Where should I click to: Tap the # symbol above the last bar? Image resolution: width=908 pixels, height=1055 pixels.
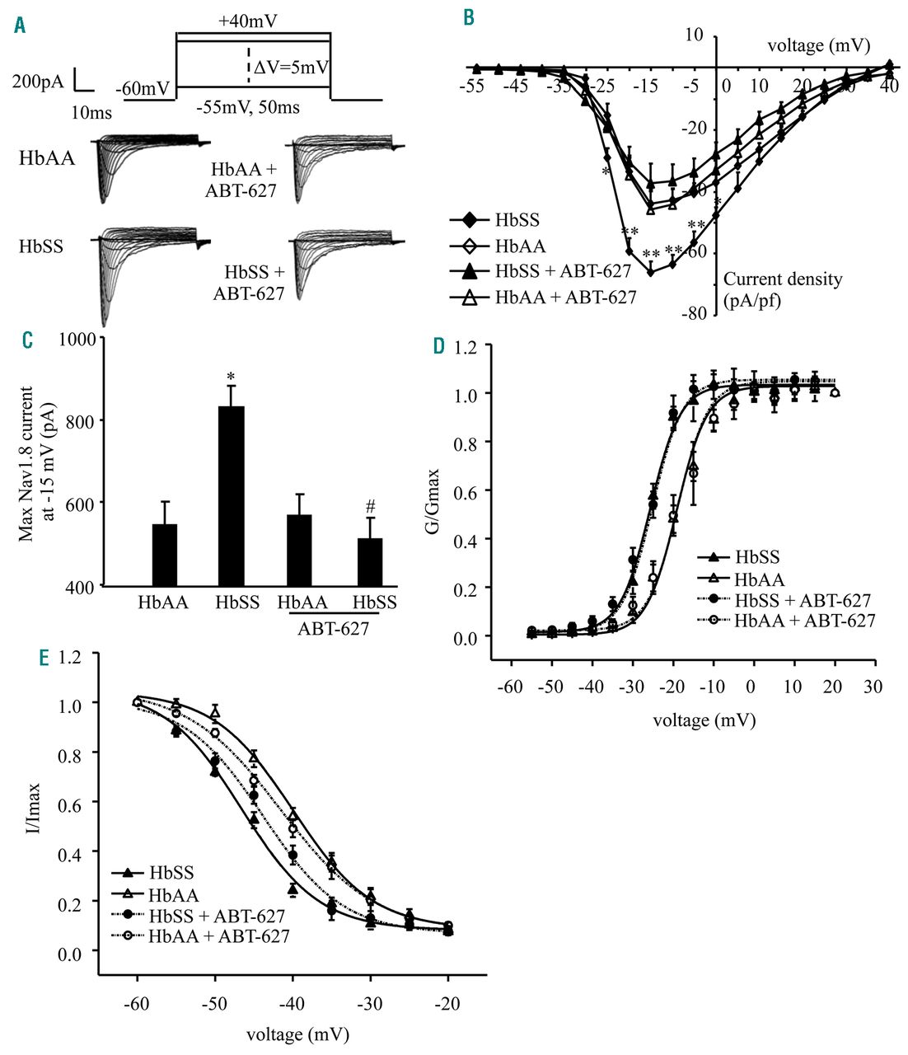coord(370,510)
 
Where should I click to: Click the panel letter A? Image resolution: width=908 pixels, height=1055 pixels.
coord(20,26)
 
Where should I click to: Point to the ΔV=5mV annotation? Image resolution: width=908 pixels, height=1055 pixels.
coord(291,68)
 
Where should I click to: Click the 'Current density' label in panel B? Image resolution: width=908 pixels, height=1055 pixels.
coord(783,279)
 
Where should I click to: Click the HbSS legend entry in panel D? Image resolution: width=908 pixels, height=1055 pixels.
coord(756,558)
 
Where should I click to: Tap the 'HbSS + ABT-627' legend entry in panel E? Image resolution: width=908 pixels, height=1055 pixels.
coord(217,916)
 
